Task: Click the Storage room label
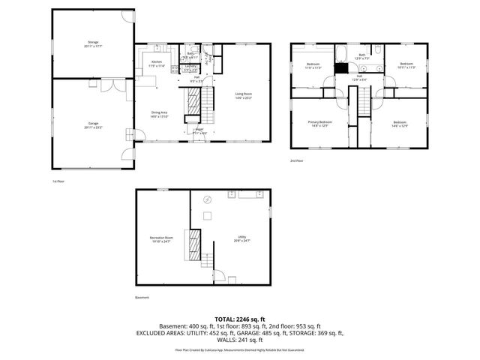(93, 43)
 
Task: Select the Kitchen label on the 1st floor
(157, 63)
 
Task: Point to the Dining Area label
(158, 115)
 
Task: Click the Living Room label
(244, 95)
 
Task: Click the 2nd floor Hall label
(359, 77)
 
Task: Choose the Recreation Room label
(161, 239)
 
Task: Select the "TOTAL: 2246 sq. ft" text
(240, 319)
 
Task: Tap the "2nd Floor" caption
(297, 160)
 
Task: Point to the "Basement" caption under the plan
(142, 298)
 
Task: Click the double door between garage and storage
(110, 85)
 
